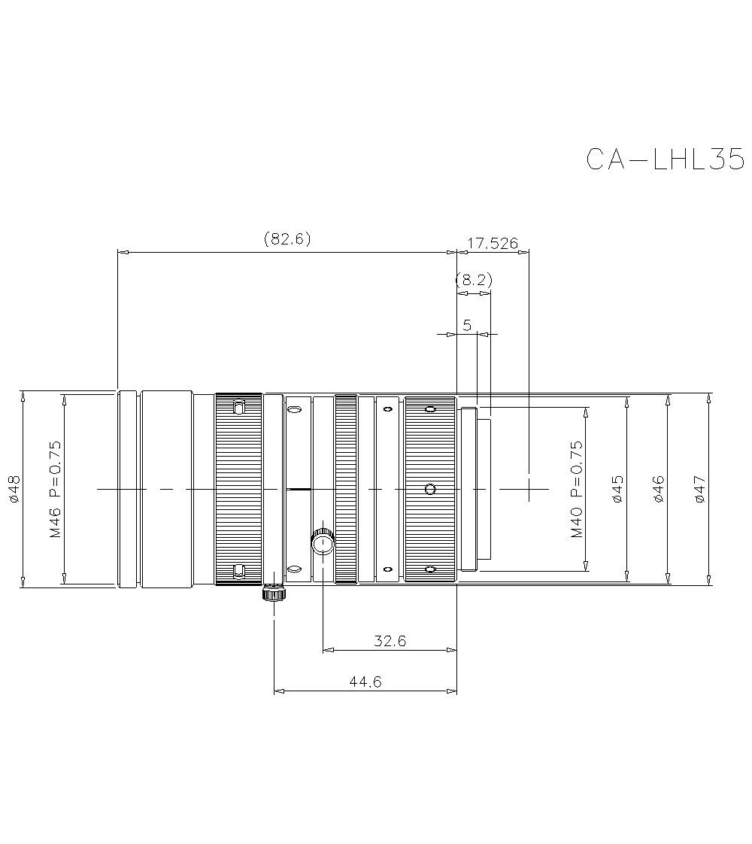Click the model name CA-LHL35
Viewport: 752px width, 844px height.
[x=665, y=159]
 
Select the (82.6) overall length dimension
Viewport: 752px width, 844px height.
[x=287, y=239]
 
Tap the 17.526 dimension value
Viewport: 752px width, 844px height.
[x=493, y=243]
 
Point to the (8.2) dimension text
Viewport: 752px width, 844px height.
[x=474, y=281]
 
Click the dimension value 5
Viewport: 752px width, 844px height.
[x=467, y=325]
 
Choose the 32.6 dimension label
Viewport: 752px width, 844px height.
[x=390, y=641]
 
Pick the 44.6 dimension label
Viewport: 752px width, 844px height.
[x=365, y=682]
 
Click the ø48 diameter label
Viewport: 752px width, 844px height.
[x=13, y=489]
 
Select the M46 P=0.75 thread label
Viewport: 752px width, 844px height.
[x=55, y=489]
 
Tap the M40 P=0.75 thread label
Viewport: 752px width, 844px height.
[x=576, y=489]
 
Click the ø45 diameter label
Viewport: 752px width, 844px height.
[x=617, y=489]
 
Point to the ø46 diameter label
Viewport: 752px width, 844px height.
[x=659, y=489]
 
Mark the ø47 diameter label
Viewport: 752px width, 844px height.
[x=700, y=489]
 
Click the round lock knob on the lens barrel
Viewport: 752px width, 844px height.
[x=323, y=542]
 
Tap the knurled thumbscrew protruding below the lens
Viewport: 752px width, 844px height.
[x=274, y=594]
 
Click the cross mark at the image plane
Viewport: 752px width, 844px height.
[x=529, y=489]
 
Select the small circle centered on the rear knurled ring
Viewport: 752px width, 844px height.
[x=429, y=490]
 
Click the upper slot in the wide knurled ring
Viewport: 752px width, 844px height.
[x=238, y=408]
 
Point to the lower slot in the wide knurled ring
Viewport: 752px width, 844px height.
[x=238, y=572]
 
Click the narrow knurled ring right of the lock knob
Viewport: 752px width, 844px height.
[x=346, y=489]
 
